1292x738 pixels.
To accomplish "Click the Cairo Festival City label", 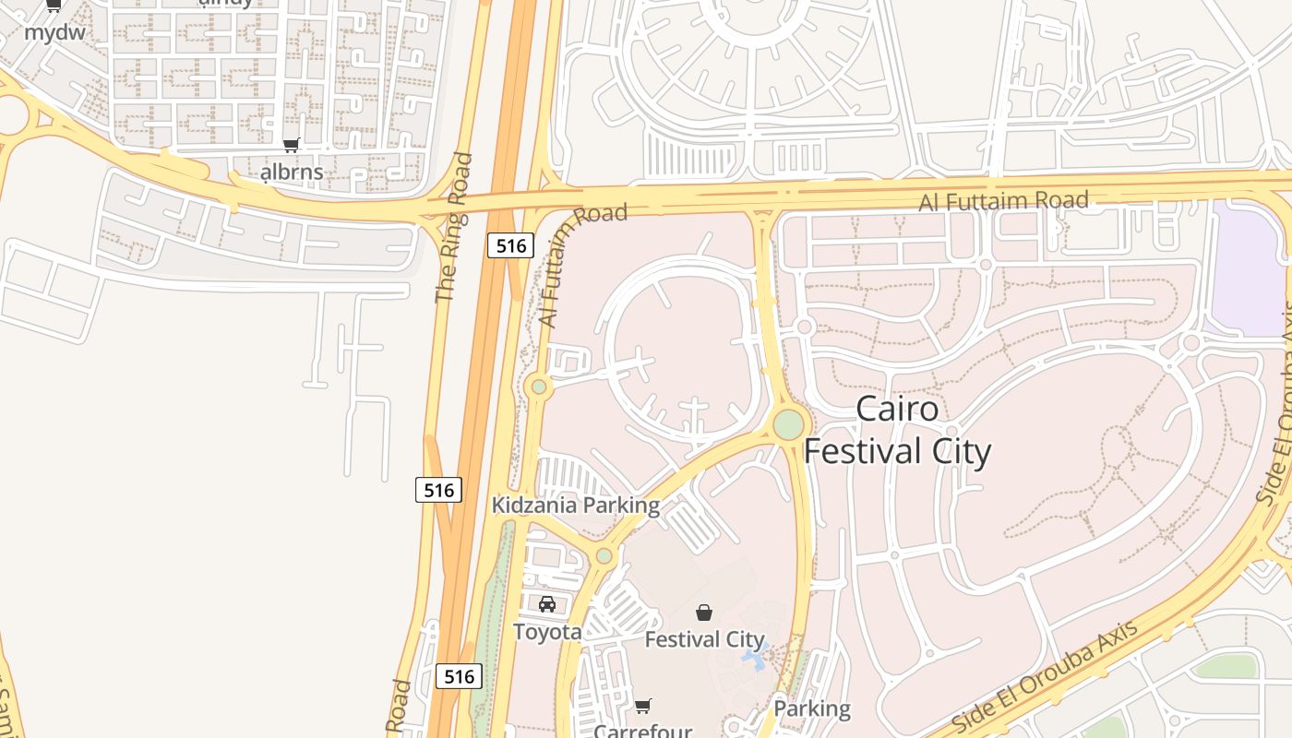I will pos(897,430).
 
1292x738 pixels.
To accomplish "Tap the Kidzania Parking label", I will pos(576,506).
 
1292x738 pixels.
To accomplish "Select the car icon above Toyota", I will pos(547,604).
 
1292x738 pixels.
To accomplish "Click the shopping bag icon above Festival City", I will pos(704,612).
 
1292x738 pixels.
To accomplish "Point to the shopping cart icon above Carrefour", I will pos(643,706).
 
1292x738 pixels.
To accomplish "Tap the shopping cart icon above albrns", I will pos(292,145).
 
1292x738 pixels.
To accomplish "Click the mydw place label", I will pos(54,32).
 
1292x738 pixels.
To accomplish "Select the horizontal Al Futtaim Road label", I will pos(1004,200).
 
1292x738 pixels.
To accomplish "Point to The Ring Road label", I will pos(453,228).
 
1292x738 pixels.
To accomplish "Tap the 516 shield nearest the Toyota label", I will pos(459,676).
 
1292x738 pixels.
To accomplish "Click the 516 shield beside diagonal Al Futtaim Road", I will pos(510,245).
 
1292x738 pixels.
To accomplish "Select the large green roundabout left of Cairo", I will pos(788,425).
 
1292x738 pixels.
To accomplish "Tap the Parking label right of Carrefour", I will pos(812,708).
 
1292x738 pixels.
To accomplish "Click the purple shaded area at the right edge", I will pos(1248,268).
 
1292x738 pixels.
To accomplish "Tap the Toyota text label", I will pos(547,632).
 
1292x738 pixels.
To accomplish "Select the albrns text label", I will pos(292,172).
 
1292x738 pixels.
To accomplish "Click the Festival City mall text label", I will pos(704,639).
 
